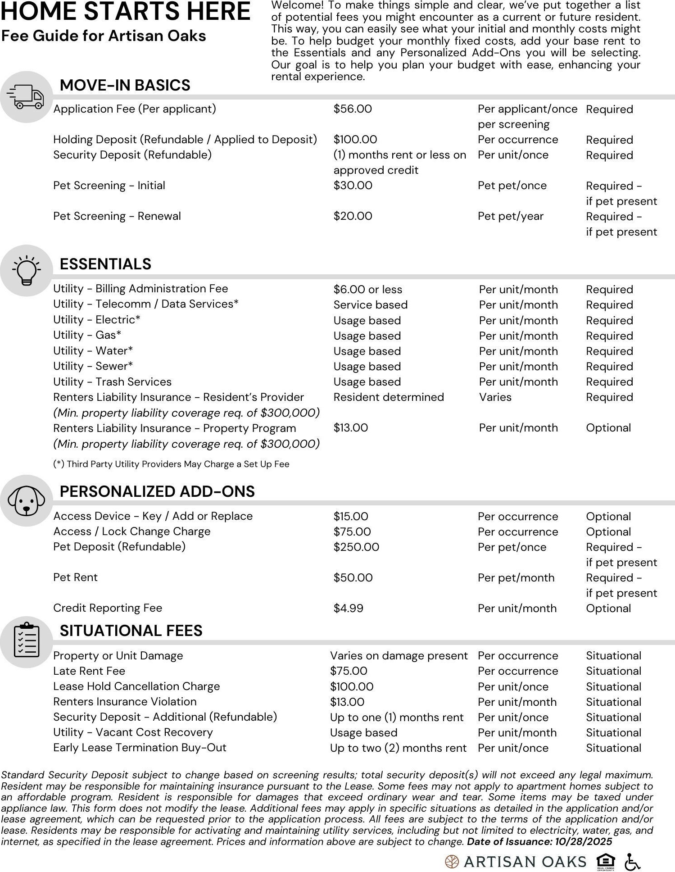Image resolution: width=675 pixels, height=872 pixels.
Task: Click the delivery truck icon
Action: click(x=25, y=97)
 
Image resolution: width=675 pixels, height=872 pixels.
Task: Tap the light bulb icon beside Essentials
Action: click(x=26, y=270)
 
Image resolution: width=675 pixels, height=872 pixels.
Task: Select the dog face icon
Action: click(x=26, y=500)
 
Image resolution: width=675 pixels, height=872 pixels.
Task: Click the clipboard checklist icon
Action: click(x=26, y=640)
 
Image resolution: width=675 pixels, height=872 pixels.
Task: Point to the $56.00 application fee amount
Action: click(x=353, y=109)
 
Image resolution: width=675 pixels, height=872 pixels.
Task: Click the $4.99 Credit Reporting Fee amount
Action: click(x=348, y=608)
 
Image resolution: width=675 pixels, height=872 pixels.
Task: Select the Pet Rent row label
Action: click(x=75, y=577)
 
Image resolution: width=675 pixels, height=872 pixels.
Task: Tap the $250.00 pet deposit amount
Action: click(x=356, y=547)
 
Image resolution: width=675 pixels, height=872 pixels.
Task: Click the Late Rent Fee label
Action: click(x=89, y=671)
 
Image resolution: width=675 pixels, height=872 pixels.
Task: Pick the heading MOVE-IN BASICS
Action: click(x=125, y=85)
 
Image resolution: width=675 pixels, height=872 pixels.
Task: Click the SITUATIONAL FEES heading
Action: click(x=131, y=631)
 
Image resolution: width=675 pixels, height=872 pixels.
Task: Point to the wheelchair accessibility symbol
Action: click(x=633, y=862)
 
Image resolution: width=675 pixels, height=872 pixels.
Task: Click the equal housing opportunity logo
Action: click(x=605, y=862)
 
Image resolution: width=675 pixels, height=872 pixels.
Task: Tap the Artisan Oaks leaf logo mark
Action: click(x=452, y=862)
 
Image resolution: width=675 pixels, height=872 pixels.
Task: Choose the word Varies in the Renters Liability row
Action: click(x=495, y=397)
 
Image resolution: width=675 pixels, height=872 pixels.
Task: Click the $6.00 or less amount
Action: click(x=367, y=290)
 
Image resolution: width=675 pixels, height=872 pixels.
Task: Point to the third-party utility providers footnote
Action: click(x=171, y=464)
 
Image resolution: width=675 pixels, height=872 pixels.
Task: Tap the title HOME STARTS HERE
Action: click(x=125, y=12)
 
